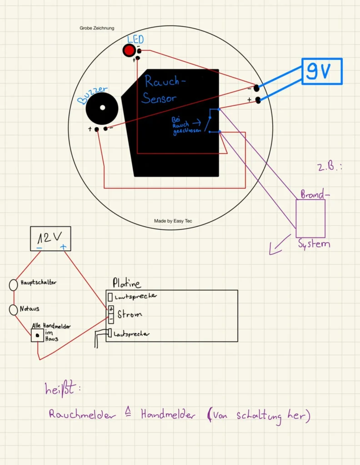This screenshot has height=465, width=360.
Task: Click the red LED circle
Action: point(130,51)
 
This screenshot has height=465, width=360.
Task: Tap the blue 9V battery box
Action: point(322,71)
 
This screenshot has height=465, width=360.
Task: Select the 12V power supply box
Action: point(50,238)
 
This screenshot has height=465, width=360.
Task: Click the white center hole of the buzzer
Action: point(103,108)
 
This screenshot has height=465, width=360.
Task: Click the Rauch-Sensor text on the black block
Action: point(164,89)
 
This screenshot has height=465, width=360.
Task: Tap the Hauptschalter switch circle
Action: point(14,285)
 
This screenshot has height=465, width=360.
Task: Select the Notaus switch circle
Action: point(14,310)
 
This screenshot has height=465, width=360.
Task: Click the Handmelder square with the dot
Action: point(37,336)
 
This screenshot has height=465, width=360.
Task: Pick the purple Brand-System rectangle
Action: point(310,218)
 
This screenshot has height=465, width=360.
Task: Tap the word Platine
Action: point(126,283)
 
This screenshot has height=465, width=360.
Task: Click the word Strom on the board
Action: point(130,314)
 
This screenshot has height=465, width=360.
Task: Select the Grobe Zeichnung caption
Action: point(97,28)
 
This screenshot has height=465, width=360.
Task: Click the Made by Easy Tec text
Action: point(173,221)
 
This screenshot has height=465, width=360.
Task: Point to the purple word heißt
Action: point(63,389)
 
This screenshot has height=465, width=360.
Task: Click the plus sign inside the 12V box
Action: point(63,247)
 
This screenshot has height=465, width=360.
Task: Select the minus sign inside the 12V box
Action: point(40,248)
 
